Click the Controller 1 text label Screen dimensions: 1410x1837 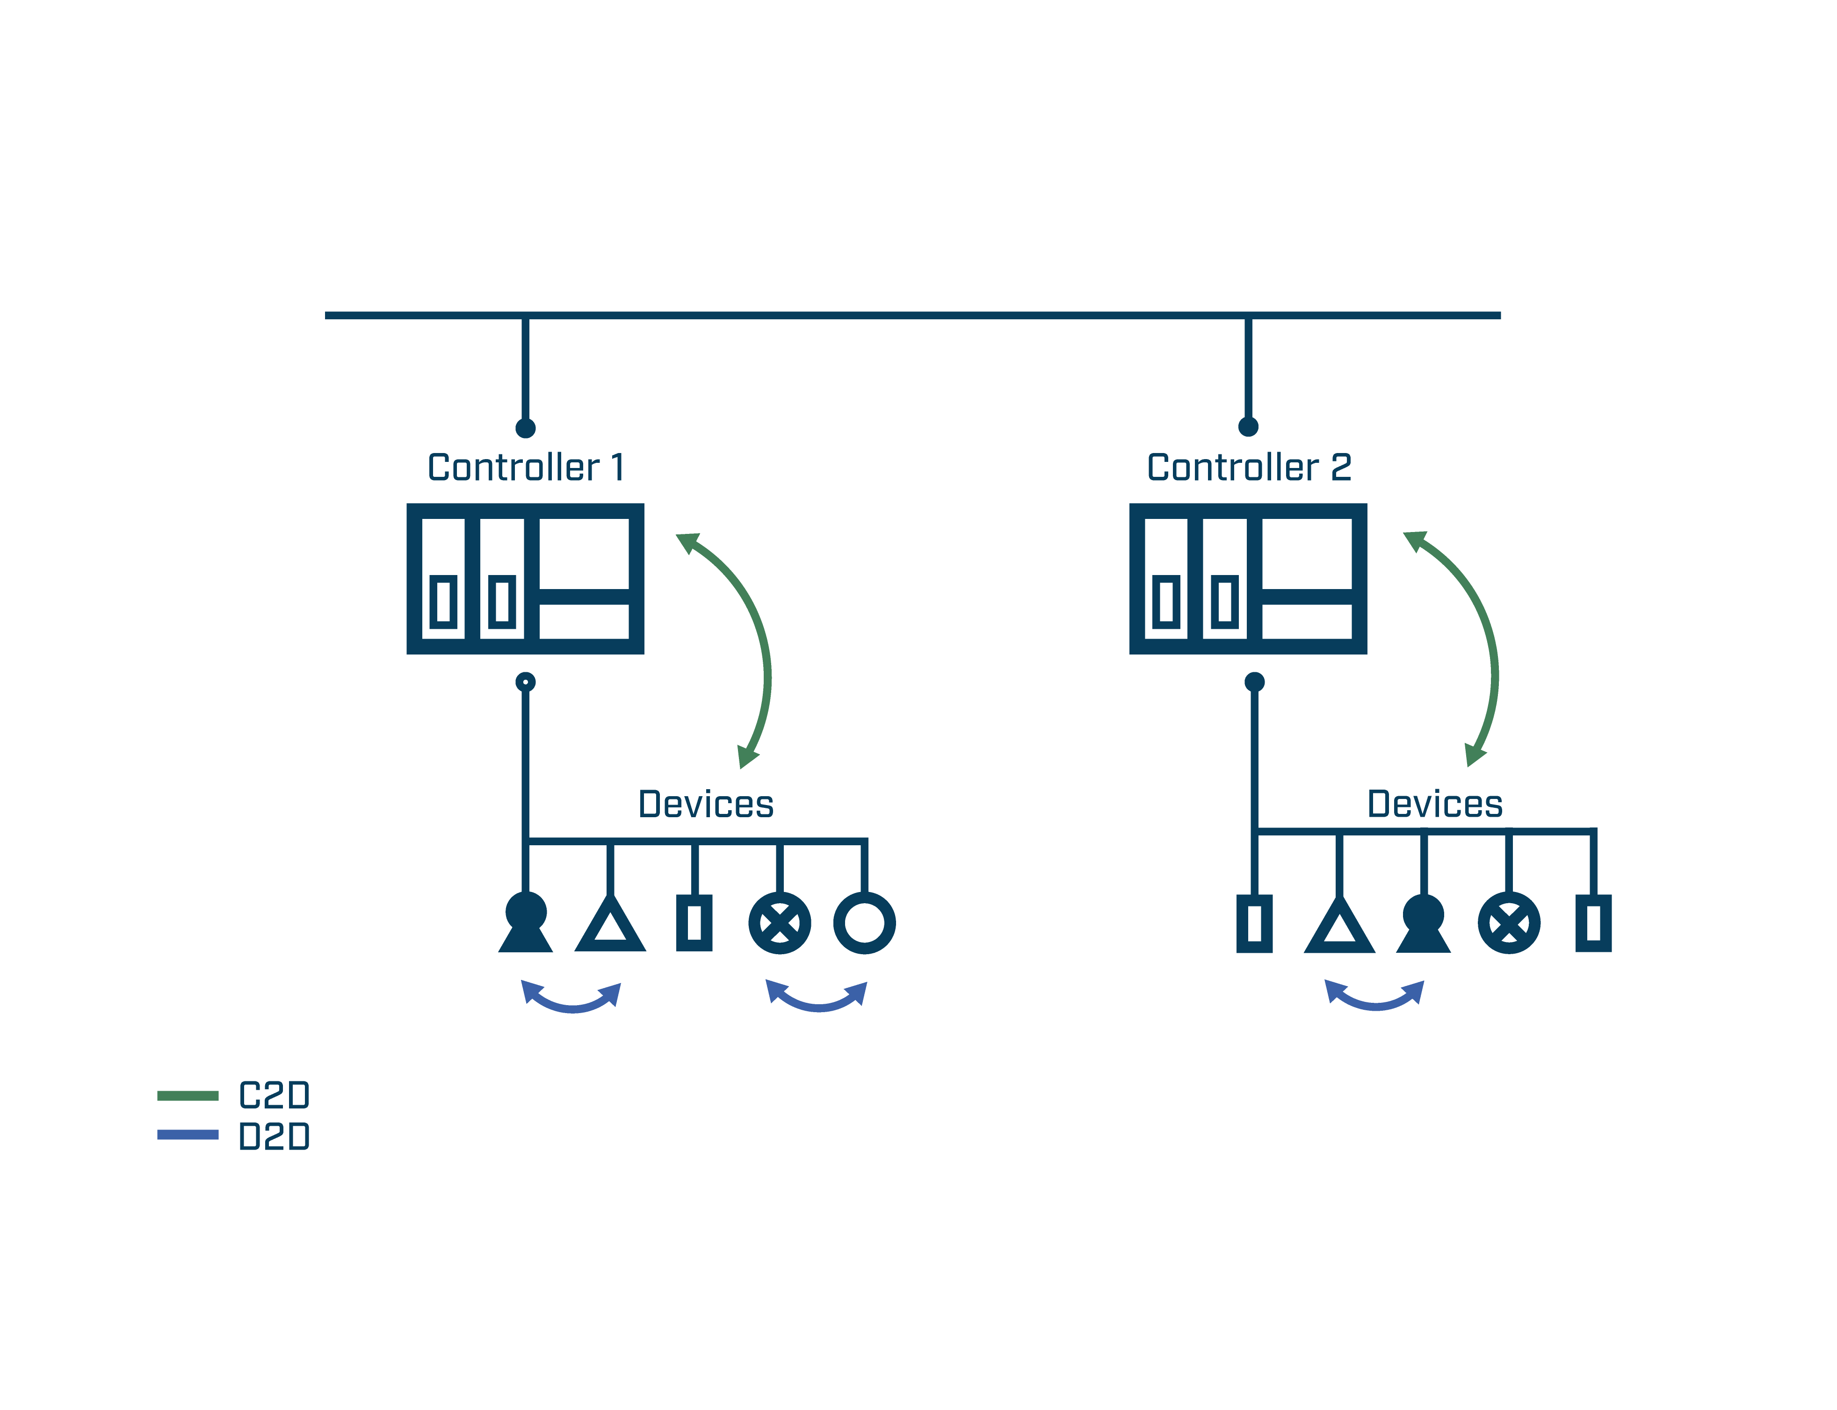tap(526, 468)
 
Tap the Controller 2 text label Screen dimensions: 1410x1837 tap(1249, 468)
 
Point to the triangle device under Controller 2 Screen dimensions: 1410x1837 tap(1339, 928)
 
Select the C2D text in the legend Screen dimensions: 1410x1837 tap(274, 1095)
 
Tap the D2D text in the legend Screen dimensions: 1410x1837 tap(274, 1137)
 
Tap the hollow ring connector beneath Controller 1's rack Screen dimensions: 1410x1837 tap(526, 682)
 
